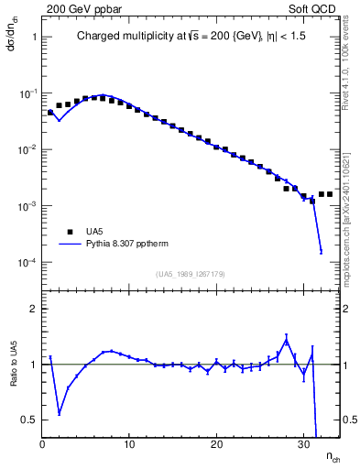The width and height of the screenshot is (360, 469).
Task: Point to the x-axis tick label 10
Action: coord(129,445)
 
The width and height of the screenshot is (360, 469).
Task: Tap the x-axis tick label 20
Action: coord(216,445)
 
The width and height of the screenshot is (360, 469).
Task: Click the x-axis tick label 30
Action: coord(303,445)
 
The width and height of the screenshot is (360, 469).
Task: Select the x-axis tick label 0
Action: coord(42,445)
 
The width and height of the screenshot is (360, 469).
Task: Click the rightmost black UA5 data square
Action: coord(330,194)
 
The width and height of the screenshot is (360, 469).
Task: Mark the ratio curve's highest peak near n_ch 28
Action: coord(286,341)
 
